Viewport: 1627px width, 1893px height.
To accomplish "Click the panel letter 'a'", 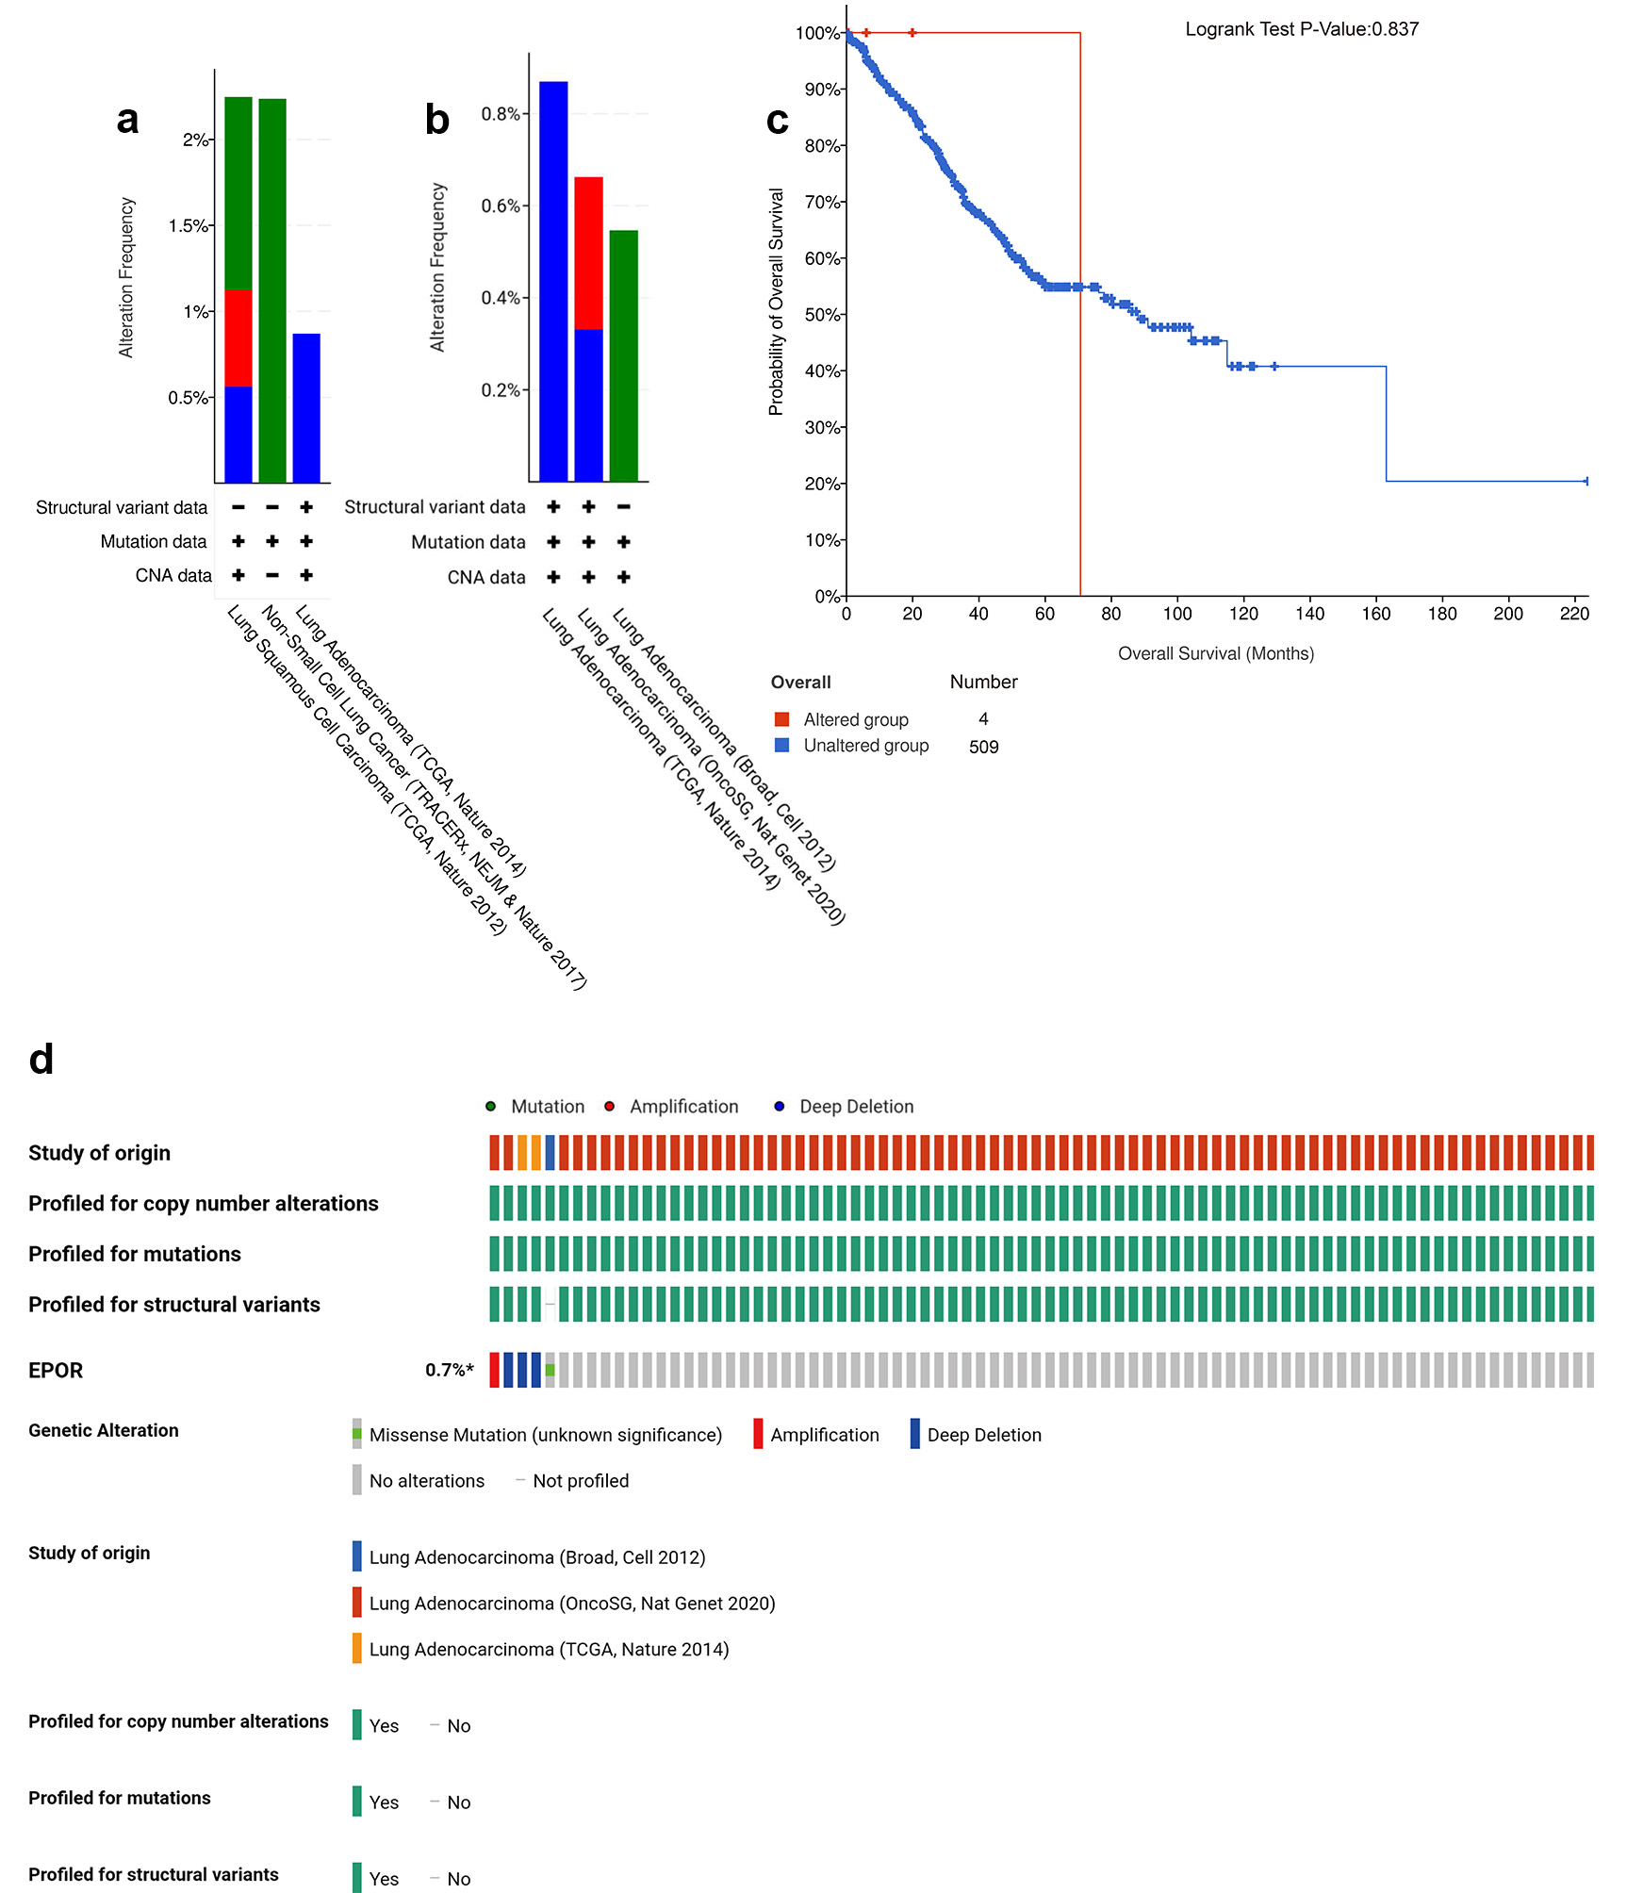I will point(127,120).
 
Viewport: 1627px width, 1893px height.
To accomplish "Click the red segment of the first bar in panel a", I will point(238,337).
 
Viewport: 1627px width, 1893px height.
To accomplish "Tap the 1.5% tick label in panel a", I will point(189,225).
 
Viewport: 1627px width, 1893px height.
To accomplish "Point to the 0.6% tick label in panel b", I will point(501,206).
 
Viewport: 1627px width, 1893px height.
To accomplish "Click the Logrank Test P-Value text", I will point(1301,29).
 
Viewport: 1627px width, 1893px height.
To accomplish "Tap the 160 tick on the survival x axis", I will point(1375,614).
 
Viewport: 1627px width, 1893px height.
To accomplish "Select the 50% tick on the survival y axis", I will point(823,315).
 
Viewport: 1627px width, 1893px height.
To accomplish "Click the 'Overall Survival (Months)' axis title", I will point(1215,653).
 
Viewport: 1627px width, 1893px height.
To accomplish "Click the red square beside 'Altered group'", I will point(781,719).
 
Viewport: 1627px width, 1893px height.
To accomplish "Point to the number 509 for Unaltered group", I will point(983,747).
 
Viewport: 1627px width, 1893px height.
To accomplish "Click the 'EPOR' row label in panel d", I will point(56,1370).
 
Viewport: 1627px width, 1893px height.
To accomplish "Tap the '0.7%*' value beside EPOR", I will point(449,1370).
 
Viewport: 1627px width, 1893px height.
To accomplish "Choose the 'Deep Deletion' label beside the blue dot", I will point(856,1107).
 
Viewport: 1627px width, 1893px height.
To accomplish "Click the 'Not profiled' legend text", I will point(581,1481).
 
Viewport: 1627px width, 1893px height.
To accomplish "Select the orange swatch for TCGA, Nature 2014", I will point(357,1649).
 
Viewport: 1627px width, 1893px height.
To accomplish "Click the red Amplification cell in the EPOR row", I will point(494,1370).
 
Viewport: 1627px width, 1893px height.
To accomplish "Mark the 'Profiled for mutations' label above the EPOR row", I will point(135,1254).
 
